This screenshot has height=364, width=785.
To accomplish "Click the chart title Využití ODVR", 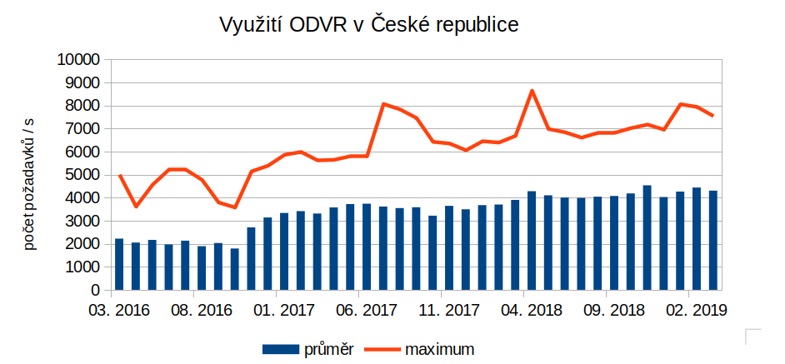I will coord(368,25).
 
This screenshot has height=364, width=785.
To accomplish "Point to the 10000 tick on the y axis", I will coord(77,60).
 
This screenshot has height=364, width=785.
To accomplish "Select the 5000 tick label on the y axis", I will coord(81,176).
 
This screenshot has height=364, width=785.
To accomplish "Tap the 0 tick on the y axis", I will coord(94,292).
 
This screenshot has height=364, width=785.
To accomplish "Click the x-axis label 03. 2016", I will coord(119,311).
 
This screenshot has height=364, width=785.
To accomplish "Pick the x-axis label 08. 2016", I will coord(202,311).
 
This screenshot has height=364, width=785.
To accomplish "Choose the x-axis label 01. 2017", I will coord(284,311).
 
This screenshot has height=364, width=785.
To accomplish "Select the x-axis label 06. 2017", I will coord(367,311).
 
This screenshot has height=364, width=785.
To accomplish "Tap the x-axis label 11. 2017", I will coord(449,311).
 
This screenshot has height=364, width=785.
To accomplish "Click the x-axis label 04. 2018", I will coord(532,311).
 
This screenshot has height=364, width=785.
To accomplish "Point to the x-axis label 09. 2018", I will coord(614,311).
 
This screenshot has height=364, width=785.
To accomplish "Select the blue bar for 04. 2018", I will coord(532,242).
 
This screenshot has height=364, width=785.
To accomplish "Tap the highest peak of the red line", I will coord(532,91).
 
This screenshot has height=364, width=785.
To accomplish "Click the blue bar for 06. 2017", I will coord(367,247).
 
